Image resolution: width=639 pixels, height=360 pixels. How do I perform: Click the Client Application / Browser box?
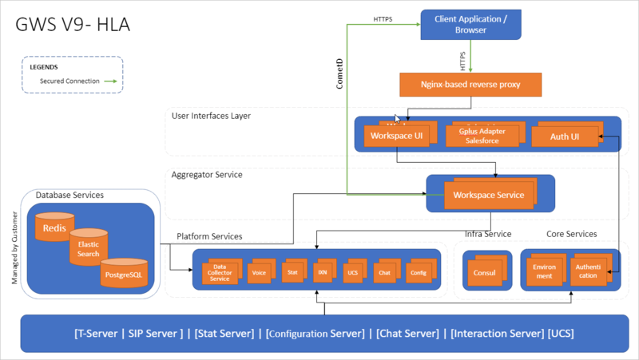click(470, 24)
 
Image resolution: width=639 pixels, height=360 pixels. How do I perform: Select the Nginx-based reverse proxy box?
click(470, 84)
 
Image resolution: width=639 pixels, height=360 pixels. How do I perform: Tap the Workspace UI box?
click(395, 136)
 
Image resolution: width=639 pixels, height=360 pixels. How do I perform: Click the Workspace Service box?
click(488, 195)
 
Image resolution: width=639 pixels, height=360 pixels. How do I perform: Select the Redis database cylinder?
click(54, 227)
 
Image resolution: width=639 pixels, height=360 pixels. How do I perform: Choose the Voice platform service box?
click(258, 272)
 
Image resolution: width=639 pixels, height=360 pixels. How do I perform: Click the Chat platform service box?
click(383, 272)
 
